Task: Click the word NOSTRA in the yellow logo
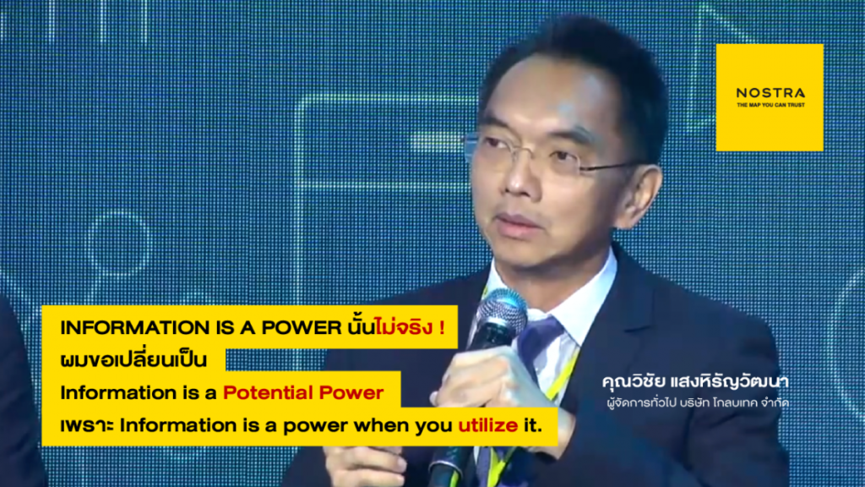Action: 770,93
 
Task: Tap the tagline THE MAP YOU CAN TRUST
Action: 770,105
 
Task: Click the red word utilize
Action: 488,425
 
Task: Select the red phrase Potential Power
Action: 303,392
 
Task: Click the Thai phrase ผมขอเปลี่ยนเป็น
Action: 133,359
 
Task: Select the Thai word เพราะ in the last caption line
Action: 87,426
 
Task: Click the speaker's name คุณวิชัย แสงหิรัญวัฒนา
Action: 695,381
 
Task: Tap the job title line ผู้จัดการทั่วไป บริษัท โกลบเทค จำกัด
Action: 697,402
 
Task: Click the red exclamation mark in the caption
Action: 443,328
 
